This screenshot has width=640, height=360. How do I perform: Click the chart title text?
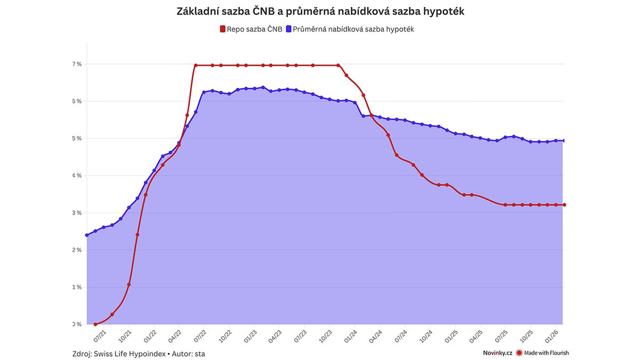320,11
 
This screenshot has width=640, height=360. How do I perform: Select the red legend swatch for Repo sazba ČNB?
222,29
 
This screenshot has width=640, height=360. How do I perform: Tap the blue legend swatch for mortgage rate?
287,29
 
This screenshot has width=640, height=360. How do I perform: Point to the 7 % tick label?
77,64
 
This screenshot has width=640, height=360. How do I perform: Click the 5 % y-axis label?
77,139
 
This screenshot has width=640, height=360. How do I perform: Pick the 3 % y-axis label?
77,213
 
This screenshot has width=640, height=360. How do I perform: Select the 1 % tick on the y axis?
77,287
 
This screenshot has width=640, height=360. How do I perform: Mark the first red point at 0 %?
95,324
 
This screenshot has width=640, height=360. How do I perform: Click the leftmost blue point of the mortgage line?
87,235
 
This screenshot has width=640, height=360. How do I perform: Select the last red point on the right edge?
564,205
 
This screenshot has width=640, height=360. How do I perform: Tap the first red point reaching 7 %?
196,66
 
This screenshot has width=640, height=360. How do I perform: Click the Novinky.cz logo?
497,353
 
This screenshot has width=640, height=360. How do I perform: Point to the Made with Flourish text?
546,353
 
